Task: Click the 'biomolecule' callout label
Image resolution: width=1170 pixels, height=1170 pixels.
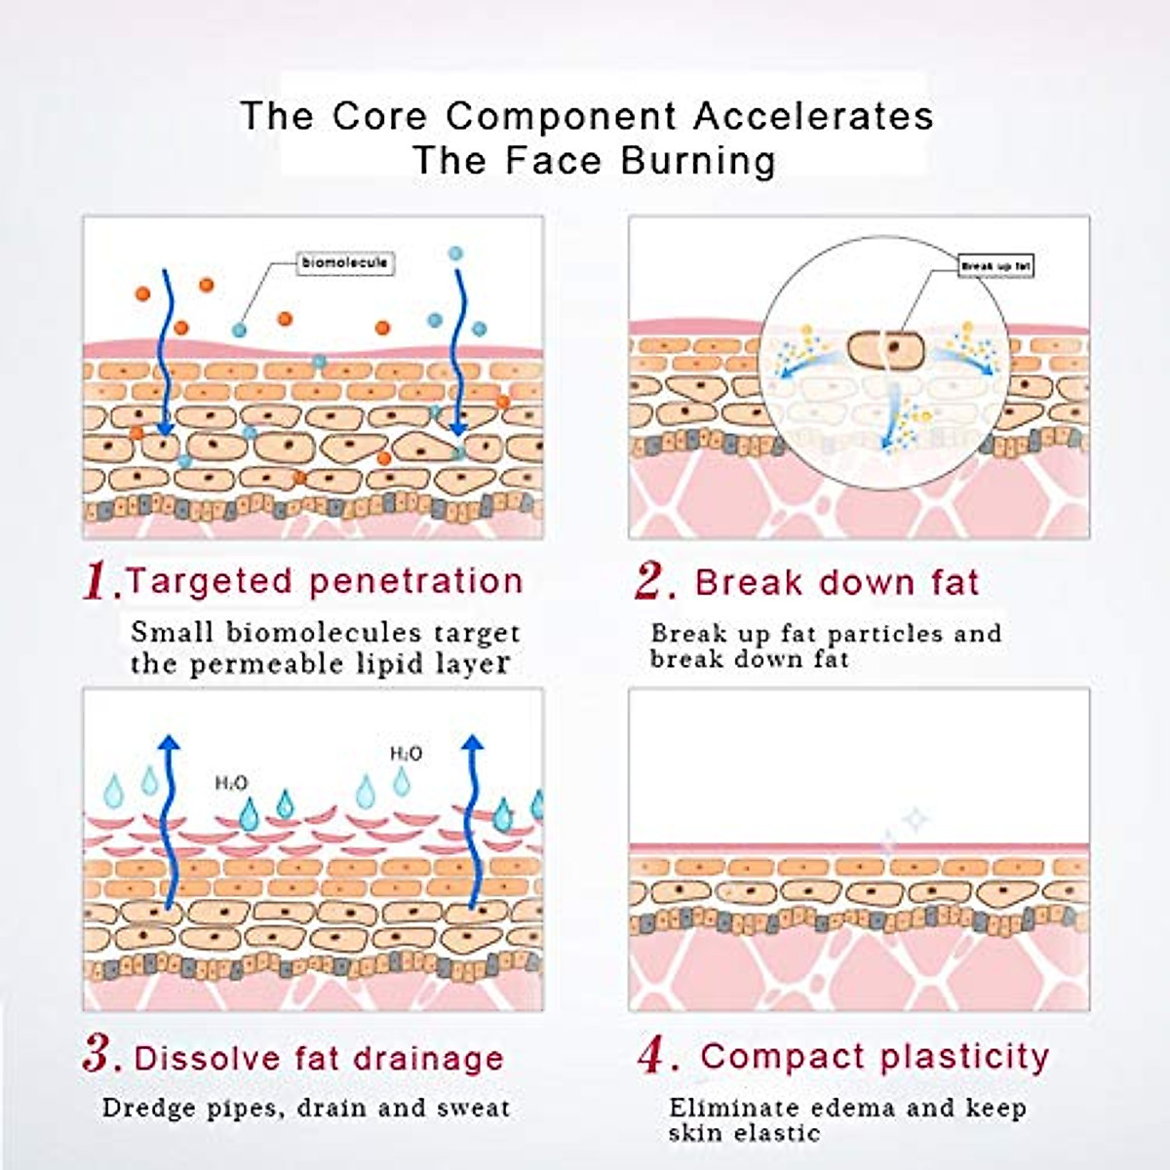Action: coord(345,263)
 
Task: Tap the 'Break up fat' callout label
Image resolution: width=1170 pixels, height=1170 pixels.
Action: coord(995,265)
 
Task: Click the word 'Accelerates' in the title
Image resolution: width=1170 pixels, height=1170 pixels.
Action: coord(813,116)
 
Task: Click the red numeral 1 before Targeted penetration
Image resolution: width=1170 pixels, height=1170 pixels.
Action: coord(101,582)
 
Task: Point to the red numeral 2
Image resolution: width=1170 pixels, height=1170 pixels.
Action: coord(651,582)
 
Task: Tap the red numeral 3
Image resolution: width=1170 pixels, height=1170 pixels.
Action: coord(100,1056)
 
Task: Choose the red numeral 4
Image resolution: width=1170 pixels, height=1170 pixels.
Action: coord(653,1056)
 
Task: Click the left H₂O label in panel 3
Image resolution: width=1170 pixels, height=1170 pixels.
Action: coord(231,782)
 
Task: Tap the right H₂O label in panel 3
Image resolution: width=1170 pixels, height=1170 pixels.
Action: coord(406,754)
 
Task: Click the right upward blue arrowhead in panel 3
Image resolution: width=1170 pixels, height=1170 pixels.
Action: coord(473,745)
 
